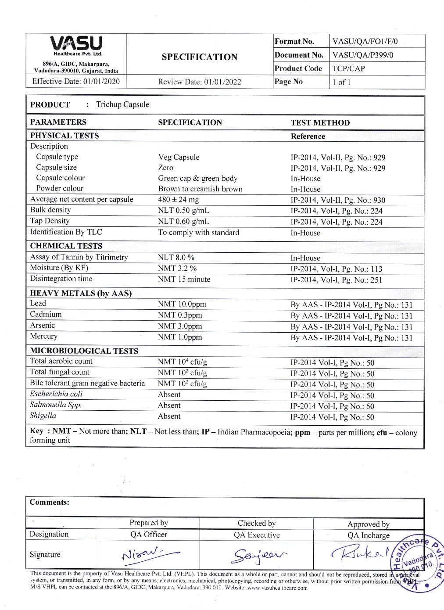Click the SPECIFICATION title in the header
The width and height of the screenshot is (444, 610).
pos(199,57)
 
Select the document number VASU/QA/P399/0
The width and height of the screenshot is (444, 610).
pos(363,55)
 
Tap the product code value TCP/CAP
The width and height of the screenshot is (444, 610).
pos(348,68)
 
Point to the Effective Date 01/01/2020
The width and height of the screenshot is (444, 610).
pos(76,81)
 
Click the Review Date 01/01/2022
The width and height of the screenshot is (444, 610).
pos(200,82)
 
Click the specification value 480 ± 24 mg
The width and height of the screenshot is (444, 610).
pos(178,200)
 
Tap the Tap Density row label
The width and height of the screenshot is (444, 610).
pos(50,221)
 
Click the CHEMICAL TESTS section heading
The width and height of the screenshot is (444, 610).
pos(66,246)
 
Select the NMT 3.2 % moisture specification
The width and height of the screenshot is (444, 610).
pos(177,268)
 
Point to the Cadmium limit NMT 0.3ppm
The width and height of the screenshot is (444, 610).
pos(180,315)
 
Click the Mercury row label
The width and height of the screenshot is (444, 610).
pos(43,336)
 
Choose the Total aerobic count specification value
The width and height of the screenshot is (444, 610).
pos(182,362)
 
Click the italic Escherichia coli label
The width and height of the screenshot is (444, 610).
pos(56,394)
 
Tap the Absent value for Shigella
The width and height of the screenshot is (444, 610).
pos(169,416)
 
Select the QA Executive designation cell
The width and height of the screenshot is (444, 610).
pos(257,535)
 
